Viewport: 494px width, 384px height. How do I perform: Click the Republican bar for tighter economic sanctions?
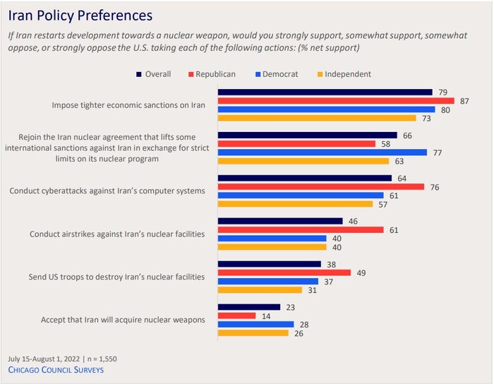click(x=336, y=101)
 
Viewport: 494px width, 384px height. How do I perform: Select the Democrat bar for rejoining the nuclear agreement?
click(x=323, y=152)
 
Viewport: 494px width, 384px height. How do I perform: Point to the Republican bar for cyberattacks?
click(x=321, y=186)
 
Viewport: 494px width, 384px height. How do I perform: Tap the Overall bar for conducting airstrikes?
click(x=280, y=221)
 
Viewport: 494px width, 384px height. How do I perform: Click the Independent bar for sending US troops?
click(x=260, y=290)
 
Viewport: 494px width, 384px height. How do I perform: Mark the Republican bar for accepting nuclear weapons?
click(x=236, y=316)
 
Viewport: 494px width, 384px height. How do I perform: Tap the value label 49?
click(x=360, y=272)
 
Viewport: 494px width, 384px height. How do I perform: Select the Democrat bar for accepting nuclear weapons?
click(x=255, y=324)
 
